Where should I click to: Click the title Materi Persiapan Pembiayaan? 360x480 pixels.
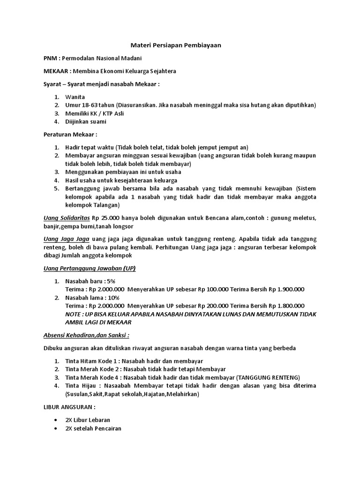coord(175,45)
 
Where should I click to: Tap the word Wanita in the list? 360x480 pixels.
coord(75,97)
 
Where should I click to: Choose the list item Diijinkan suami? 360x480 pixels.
coord(86,122)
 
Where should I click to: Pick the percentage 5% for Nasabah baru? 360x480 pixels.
coord(111,281)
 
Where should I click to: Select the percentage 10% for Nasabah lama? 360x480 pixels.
coord(113,297)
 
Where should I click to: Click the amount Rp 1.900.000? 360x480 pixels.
coord(285,289)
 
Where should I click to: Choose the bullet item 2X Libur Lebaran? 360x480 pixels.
coord(89,420)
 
